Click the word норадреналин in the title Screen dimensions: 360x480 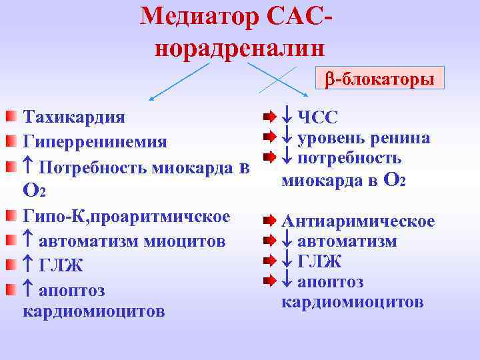click(240, 48)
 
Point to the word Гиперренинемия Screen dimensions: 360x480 click(95, 142)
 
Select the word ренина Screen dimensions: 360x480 click(401, 138)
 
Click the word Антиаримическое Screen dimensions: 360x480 click(358, 221)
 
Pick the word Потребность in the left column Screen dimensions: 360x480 click(87, 167)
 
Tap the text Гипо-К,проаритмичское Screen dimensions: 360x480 click(127, 217)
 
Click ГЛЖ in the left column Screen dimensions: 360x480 click(61, 266)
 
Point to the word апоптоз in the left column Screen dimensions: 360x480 click(72, 291)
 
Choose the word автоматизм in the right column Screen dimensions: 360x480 click(347, 241)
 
